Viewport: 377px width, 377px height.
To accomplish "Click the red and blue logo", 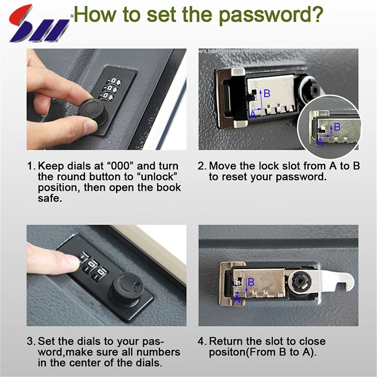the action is [x=39, y=24].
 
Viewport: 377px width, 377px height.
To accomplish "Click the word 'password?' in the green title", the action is [x=271, y=15].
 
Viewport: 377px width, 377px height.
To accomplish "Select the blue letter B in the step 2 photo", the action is [x=267, y=93].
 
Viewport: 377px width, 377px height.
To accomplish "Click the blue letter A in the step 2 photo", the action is [x=253, y=115].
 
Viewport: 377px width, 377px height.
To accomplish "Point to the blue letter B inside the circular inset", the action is [x=337, y=127].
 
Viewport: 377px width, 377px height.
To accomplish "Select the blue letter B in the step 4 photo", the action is [x=251, y=282].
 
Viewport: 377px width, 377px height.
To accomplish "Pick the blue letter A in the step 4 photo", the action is [x=237, y=300].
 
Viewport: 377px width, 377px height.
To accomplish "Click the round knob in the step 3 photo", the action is [x=127, y=290].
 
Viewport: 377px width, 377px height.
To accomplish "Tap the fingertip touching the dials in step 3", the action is [x=72, y=261].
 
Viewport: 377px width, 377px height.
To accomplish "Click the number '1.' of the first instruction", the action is [x=32, y=166].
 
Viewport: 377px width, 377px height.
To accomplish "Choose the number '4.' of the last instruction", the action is [x=202, y=341].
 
